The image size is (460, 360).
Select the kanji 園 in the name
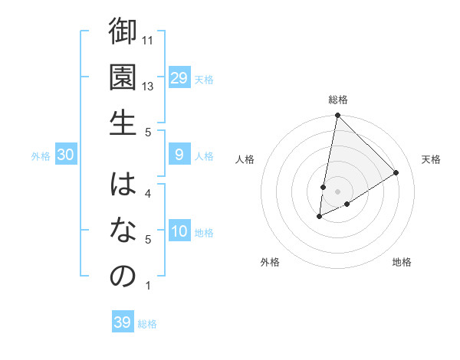(123, 77)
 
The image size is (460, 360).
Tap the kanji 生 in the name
(123, 123)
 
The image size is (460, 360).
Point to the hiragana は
(123, 185)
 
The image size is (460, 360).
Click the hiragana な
(123, 231)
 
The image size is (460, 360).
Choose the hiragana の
(123, 277)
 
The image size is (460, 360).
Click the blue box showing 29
(179, 78)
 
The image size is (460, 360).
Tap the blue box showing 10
(179, 232)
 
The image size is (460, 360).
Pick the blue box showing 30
(66, 155)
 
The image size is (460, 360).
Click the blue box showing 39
(123, 322)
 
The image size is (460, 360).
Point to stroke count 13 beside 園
(148, 87)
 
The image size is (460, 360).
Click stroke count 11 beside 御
(148, 40)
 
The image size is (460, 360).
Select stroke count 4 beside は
(148, 193)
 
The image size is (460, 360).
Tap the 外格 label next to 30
(41, 156)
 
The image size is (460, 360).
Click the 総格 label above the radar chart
(337, 100)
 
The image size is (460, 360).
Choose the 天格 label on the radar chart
(431, 159)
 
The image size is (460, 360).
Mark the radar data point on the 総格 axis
(337, 116)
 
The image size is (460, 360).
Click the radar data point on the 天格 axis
(396, 173)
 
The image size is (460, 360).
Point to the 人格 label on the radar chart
(245, 159)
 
